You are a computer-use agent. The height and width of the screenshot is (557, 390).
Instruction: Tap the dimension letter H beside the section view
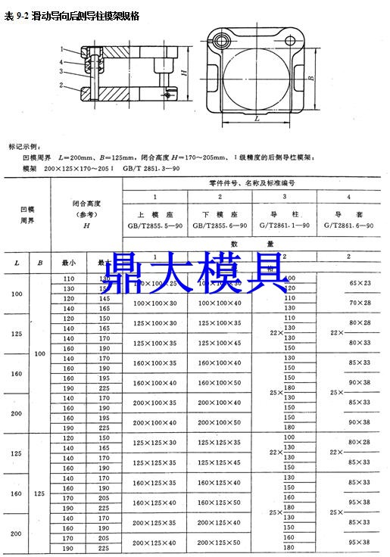(x=185, y=73)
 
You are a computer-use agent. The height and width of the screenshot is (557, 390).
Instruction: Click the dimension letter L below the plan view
(x=257, y=119)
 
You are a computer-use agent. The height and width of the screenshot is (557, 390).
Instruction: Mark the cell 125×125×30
(x=154, y=443)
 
